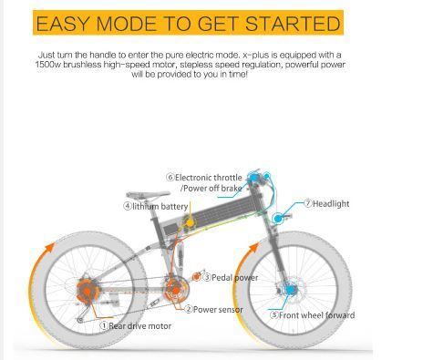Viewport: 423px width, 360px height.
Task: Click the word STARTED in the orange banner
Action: [x=293, y=24]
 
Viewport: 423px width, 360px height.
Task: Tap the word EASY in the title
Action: [x=63, y=24]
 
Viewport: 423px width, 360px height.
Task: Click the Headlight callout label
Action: [x=331, y=203]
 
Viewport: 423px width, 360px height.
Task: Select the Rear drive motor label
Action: [x=139, y=326]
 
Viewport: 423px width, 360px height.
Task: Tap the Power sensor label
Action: [x=218, y=310]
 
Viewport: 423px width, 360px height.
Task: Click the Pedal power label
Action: [x=234, y=277]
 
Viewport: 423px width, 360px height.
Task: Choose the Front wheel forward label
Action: [x=316, y=315]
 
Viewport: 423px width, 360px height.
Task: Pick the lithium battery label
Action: [x=160, y=206]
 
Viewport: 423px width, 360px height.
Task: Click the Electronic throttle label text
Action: [x=209, y=178]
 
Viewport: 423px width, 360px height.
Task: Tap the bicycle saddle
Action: [x=148, y=195]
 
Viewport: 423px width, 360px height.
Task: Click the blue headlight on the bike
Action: [x=277, y=218]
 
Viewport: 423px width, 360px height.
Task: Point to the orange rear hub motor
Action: [x=88, y=292]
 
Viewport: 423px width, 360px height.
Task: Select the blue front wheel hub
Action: [x=290, y=289]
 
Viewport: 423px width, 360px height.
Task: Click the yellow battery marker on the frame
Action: [x=190, y=223]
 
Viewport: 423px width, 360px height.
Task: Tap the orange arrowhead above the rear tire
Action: [x=49, y=248]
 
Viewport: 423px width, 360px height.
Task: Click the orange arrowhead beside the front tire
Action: [x=253, y=248]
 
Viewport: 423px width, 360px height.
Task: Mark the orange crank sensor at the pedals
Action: [x=175, y=291]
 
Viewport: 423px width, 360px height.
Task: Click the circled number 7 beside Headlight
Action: [x=308, y=203]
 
